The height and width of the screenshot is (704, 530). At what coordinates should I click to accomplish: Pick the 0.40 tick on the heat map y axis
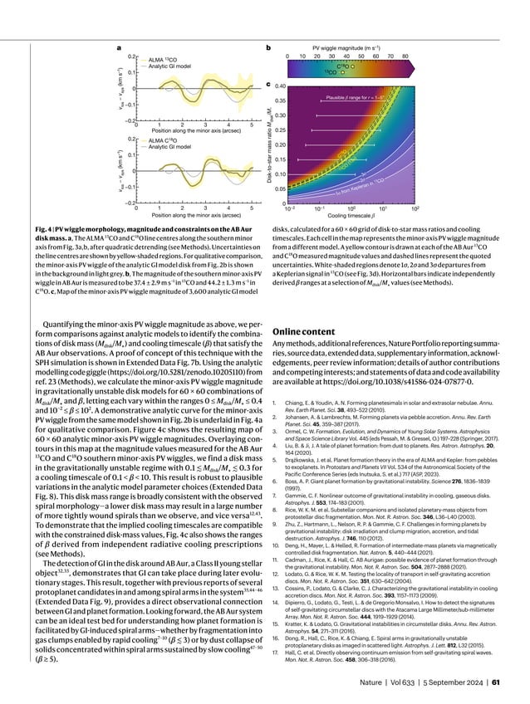(280, 86)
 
